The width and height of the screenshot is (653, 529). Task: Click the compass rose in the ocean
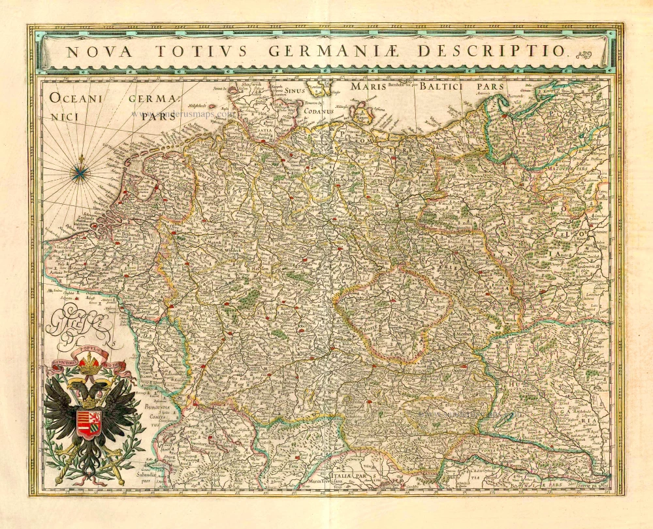(80, 171)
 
